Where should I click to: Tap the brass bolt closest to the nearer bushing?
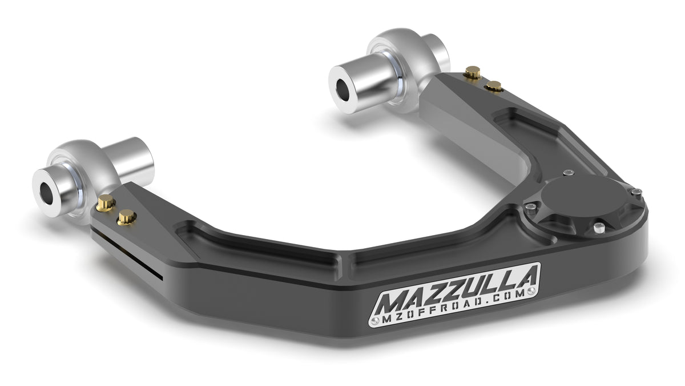pyautogui.click(x=106, y=202)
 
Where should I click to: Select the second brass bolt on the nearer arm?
pyautogui.click(x=127, y=217)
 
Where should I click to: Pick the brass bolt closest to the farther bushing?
pyautogui.click(x=472, y=72)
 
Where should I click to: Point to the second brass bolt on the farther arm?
pyautogui.click(x=494, y=86)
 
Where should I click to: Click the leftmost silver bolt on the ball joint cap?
pyautogui.click(x=531, y=206)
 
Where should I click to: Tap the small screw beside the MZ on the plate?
pyautogui.click(x=374, y=322)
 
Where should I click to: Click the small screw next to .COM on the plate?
pyautogui.click(x=532, y=292)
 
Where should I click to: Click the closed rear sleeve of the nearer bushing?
pyautogui.click(x=135, y=158)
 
